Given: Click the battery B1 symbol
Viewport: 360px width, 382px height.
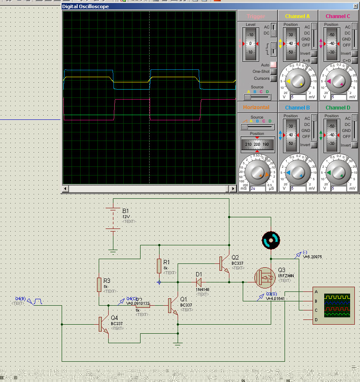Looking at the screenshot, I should tap(113, 219).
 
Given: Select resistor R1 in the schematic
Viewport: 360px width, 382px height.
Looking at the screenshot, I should tap(159, 266).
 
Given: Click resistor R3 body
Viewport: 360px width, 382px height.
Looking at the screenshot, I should tap(99, 285).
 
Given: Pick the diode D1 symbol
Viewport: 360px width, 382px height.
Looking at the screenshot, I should tap(199, 282).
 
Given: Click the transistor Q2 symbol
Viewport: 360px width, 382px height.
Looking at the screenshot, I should tap(224, 263).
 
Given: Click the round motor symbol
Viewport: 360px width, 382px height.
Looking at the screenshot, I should tap(271, 240).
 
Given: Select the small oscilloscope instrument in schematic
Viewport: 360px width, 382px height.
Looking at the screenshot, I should tap(334, 306).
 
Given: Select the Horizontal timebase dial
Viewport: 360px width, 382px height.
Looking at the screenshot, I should tap(257, 173).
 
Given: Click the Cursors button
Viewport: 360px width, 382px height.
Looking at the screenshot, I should tap(273, 78).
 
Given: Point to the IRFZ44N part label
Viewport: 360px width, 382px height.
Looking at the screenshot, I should tap(286, 276).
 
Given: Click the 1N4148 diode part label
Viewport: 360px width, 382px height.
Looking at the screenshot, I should tap(202, 289).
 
